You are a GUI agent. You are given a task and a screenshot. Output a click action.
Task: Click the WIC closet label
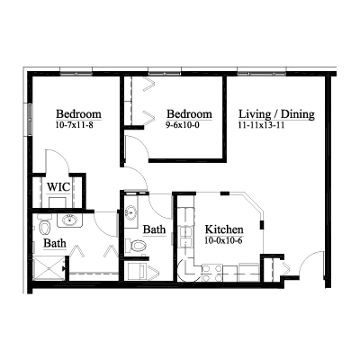58,187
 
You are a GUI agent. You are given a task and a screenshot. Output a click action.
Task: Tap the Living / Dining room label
276,114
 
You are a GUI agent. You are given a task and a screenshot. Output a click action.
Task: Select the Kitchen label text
224,229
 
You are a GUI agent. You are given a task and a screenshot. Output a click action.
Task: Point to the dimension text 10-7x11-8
74,125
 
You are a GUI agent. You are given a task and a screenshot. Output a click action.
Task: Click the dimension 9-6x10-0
183,125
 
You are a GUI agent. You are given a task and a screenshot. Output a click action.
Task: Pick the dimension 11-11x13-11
261,125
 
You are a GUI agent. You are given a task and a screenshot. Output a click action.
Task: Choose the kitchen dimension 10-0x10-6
223,240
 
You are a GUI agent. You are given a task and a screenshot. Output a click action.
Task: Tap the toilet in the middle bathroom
136,246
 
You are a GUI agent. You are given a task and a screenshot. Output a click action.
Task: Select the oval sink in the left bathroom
70,220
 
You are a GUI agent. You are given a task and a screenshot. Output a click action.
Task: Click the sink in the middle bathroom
131,212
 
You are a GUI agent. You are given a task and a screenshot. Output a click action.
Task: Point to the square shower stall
49,268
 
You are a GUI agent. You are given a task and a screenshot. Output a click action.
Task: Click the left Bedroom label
78,114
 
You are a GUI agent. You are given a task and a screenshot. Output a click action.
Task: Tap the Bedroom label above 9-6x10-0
189,114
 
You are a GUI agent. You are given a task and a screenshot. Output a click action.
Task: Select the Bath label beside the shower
55,243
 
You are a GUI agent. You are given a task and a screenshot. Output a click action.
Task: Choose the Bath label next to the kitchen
154,229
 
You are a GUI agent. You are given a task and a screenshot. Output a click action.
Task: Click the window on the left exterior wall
30,120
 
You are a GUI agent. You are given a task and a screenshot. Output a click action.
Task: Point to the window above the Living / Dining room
262,73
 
